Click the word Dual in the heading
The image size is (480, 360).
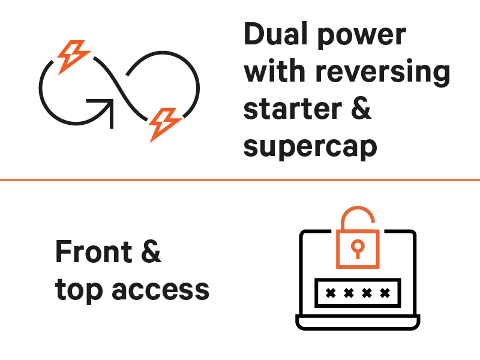pyautogui.click(x=273, y=35)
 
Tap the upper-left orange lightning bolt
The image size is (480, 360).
pyautogui.click(x=71, y=55)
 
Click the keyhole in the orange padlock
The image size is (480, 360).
pyautogui.click(x=357, y=247)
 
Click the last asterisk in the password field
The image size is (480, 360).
pyautogui.click(x=385, y=293)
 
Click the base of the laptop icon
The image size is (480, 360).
pyautogui.click(x=358, y=325)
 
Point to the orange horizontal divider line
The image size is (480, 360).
pyautogui.click(x=240, y=179)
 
